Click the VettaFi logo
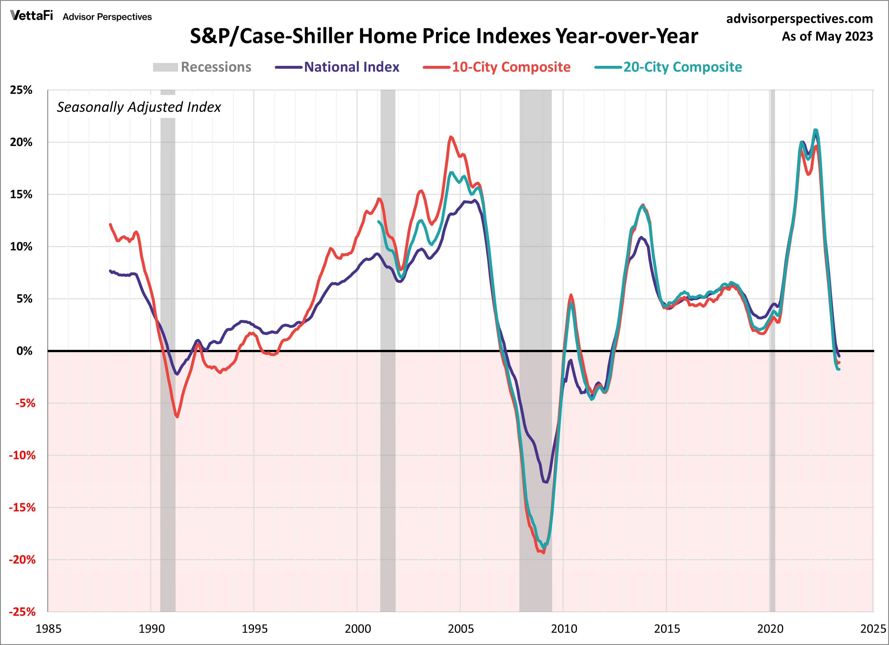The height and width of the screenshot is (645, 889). pyautogui.click(x=31, y=16)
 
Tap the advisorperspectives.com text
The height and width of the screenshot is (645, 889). pyautogui.click(x=799, y=19)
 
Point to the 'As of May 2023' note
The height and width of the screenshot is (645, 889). pyautogui.click(x=827, y=36)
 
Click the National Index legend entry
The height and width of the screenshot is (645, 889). pyautogui.click(x=337, y=67)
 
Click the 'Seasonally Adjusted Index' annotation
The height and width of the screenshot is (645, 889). pyautogui.click(x=139, y=107)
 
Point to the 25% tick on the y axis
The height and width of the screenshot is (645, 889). pyautogui.click(x=21, y=90)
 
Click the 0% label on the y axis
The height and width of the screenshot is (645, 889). pyautogui.click(x=24, y=351)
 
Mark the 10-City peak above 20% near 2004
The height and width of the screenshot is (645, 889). pyautogui.click(x=451, y=137)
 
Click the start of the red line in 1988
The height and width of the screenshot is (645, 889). pyautogui.click(x=110, y=225)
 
